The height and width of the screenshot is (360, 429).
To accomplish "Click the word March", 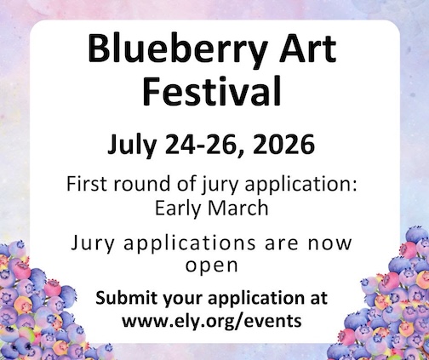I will tap(237, 204).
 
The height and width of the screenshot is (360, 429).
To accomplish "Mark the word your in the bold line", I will tap(182, 300).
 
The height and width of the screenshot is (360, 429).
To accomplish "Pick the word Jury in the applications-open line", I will tap(93, 243).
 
